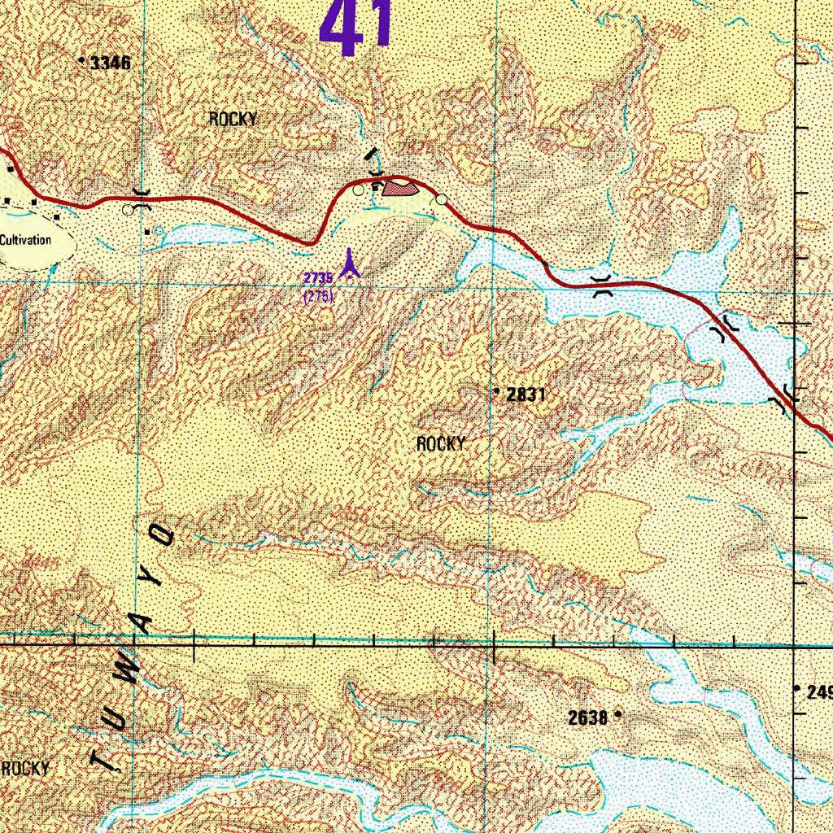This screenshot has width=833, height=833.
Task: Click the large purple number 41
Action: point(356,26)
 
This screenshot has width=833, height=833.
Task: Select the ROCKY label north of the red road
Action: point(233,119)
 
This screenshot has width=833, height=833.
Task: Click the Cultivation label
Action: point(25,240)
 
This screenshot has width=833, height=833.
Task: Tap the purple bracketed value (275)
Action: point(318,296)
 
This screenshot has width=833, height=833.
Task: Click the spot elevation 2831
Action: point(525,395)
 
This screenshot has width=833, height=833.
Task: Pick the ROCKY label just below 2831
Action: point(441,443)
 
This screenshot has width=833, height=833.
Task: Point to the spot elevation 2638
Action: point(588,717)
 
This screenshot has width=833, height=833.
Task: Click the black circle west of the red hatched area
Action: point(358,190)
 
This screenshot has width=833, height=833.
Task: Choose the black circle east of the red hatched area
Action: point(441,198)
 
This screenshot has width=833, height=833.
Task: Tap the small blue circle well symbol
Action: point(158,231)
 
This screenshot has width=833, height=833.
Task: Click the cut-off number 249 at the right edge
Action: point(818,692)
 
